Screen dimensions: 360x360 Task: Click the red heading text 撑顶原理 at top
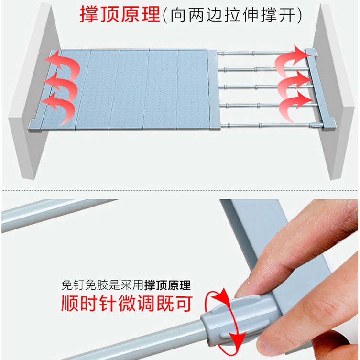point(120,14)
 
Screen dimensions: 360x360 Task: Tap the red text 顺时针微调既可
point(126,304)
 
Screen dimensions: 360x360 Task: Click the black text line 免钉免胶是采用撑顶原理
point(126,285)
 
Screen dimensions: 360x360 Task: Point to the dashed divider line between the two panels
point(180,190)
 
